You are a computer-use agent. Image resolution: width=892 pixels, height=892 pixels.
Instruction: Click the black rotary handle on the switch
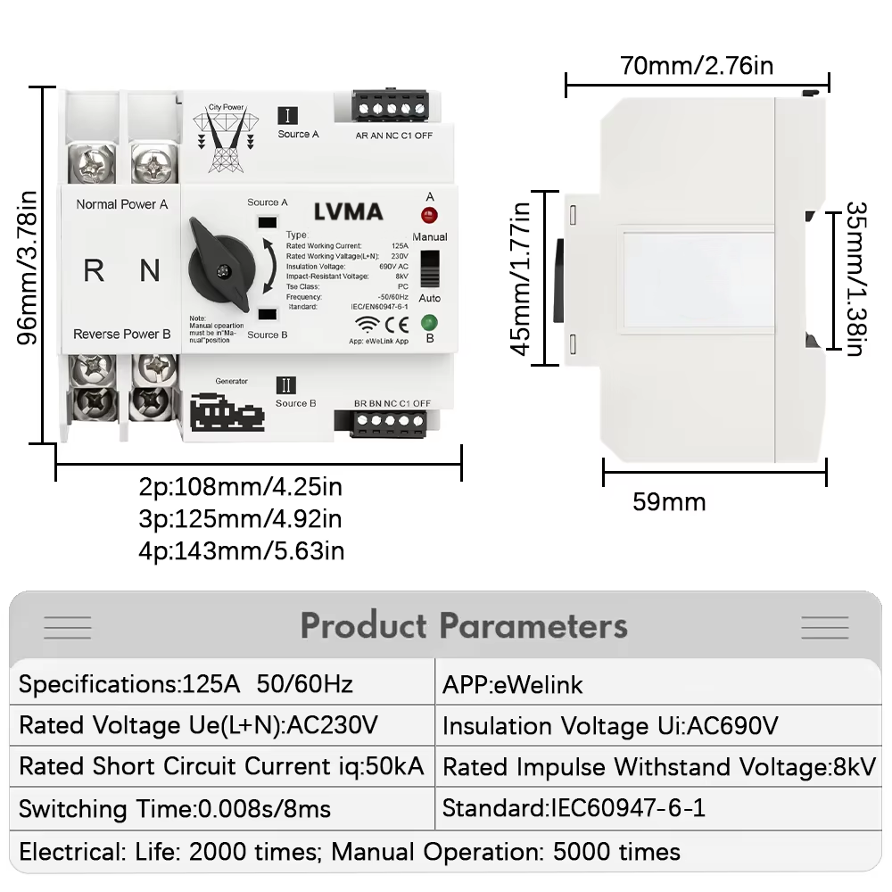tap(220, 262)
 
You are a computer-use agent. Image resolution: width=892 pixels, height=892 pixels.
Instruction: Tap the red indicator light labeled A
tap(429, 216)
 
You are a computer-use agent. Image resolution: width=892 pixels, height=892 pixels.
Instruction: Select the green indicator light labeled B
tap(429, 322)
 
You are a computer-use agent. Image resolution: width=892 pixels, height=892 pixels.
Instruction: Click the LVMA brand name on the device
tap(348, 212)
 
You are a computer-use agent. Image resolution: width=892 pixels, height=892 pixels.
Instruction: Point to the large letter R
tap(94, 270)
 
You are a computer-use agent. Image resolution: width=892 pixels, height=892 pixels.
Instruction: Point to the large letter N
tap(150, 270)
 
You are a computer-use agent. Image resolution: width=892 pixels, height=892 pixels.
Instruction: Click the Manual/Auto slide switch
tap(430, 268)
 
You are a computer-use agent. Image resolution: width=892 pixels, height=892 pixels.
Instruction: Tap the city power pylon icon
tap(225, 139)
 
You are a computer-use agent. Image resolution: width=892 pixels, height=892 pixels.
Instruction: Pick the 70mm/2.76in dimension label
tap(698, 65)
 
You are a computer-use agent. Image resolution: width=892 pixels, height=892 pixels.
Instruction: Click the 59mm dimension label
tap(669, 502)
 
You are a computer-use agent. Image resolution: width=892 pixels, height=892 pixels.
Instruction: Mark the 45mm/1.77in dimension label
tap(521, 277)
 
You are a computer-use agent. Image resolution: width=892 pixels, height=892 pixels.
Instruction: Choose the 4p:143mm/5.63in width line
tap(241, 550)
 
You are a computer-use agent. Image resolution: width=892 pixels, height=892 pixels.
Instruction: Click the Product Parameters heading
tap(463, 625)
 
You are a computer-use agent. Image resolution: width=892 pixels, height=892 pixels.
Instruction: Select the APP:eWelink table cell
tap(512, 685)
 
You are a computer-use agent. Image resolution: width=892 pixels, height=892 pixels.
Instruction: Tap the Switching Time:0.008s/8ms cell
tap(175, 809)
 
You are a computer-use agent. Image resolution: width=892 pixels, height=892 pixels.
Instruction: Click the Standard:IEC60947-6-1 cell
tap(574, 809)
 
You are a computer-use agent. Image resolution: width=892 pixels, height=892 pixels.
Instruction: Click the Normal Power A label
tap(122, 204)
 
